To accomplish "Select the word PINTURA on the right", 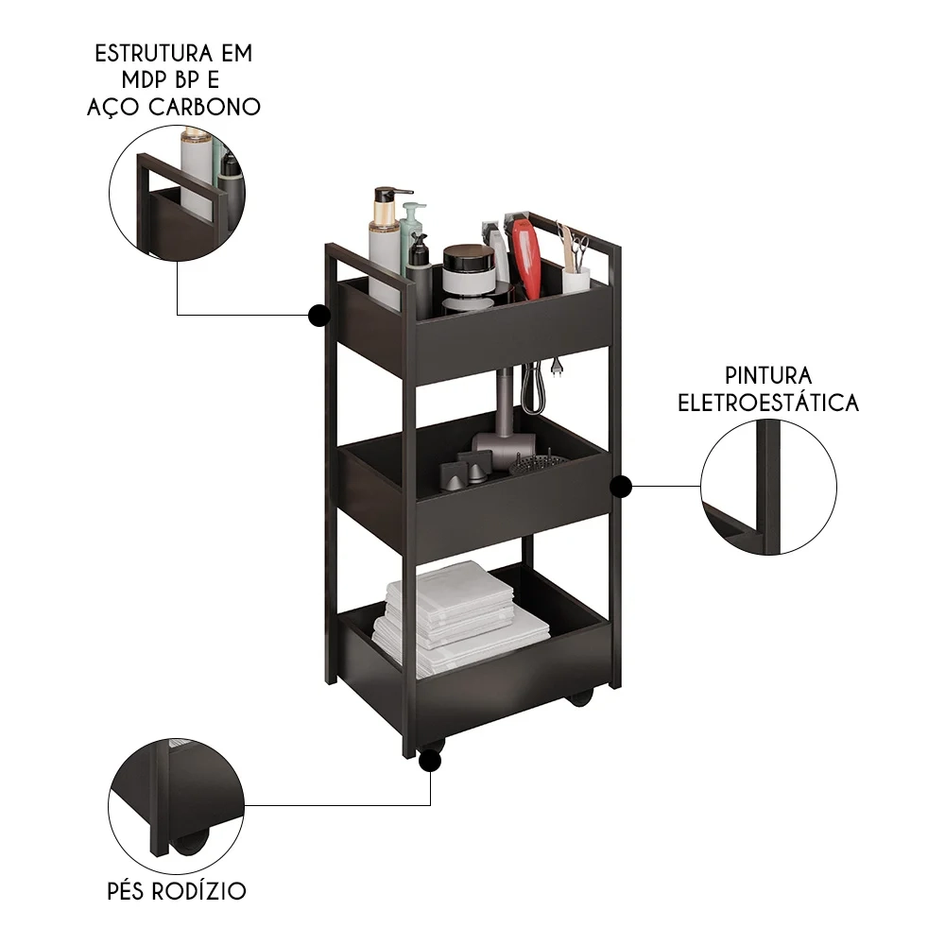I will click(x=768, y=376).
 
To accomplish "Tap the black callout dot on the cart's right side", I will click(x=621, y=486).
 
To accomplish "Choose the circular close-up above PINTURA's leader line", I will click(x=768, y=488).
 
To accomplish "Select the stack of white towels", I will click(x=454, y=619).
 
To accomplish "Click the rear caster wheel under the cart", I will click(x=579, y=697).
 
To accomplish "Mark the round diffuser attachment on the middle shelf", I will click(x=538, y=464).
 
